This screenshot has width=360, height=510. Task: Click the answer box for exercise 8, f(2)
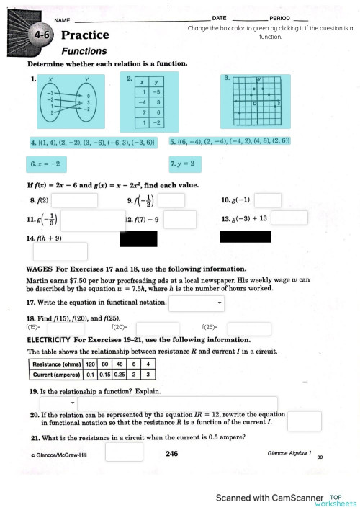[84, 200]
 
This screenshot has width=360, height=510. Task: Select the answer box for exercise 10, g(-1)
[268, 200]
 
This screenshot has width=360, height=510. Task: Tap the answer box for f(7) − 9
[179, 219]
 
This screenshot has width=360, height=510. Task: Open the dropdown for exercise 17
[197, 303]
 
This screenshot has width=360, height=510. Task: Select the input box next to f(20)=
[157, 328]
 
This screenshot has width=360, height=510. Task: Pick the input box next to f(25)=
[249, 328]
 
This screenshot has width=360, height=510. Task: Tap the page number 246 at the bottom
[171, 454]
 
